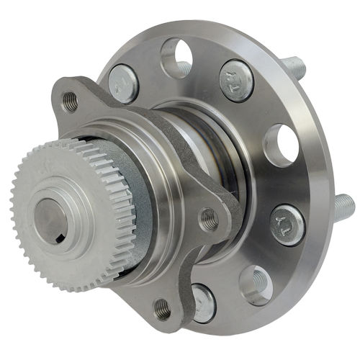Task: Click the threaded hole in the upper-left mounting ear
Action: pyautogui.click(x=70, y=101)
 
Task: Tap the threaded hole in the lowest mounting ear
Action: pyautogui.click(x=163, y=310)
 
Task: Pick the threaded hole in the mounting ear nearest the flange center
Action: pyautogui.click(x=208, y=217)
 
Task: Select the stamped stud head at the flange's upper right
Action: pyautogui.click(x=236, y=80)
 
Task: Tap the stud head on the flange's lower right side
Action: pyautogui.click(x=287, y=224)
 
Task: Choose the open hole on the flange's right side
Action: pyautogui.click(x=281, y=145)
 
